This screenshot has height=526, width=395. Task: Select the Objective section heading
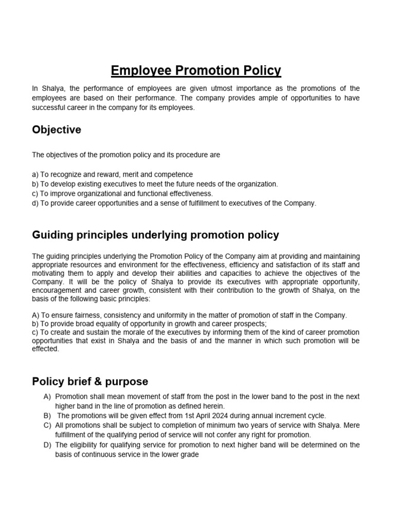click(x=57, y=130)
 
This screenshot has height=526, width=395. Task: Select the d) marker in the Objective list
click(x=35, y=203)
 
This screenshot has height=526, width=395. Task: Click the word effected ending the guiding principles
click(x=46, y=349)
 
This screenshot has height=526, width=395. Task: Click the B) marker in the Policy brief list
click(x=47, y=416)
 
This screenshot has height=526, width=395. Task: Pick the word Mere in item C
click(x=351, y=426)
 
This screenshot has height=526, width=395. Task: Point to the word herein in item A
click(x=213, y=406)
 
